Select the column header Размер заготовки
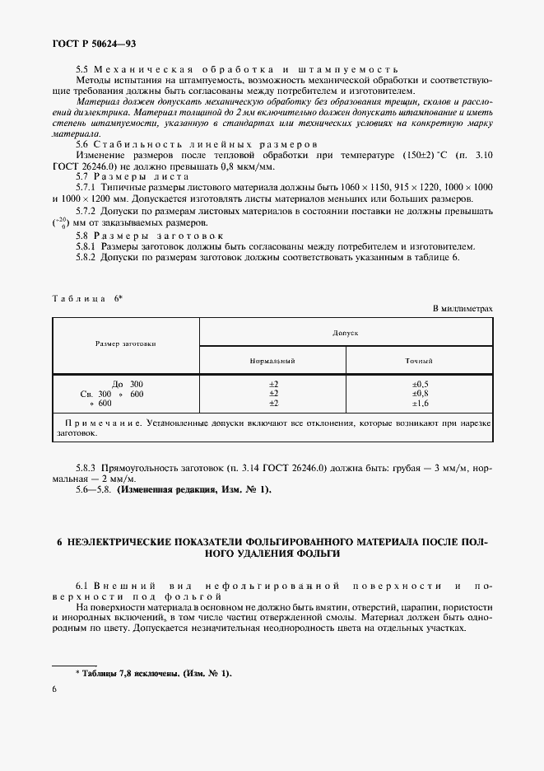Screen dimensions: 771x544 tap(125, 343)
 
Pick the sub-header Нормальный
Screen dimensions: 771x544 tap(272, 361)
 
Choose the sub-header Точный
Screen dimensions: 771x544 tap(420, 361)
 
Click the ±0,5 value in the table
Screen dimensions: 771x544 tap(420, 385)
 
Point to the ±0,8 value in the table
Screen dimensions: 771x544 tap(420, 394)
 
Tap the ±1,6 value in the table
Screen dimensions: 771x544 tap(420, 404)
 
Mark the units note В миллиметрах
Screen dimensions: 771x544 tap(463, 308)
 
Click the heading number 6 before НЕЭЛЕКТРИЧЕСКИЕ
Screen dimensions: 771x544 tap(59, 543)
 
